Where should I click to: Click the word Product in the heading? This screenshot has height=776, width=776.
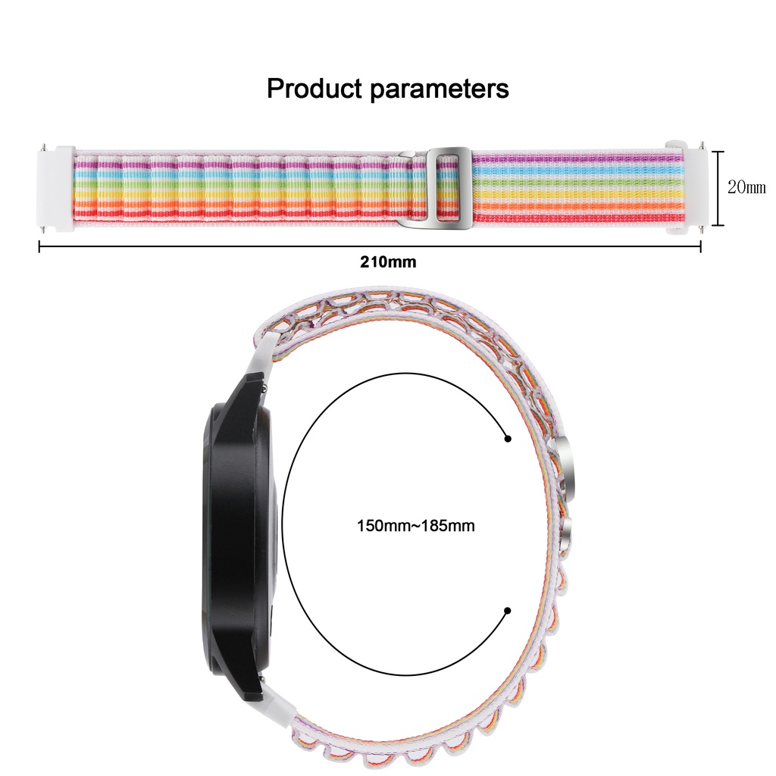click(x=314, y=89)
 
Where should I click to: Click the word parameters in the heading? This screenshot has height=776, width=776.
click(x=440, y=89)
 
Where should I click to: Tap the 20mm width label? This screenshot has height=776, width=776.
click(x=746, y=187)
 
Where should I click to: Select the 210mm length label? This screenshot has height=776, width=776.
click(x=387, y=263)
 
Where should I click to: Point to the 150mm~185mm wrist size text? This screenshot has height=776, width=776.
click(x=416, y=525)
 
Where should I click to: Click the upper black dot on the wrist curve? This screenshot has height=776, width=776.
click(x=507, y=438)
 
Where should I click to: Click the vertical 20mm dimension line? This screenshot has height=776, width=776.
click(x=713, y=187)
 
